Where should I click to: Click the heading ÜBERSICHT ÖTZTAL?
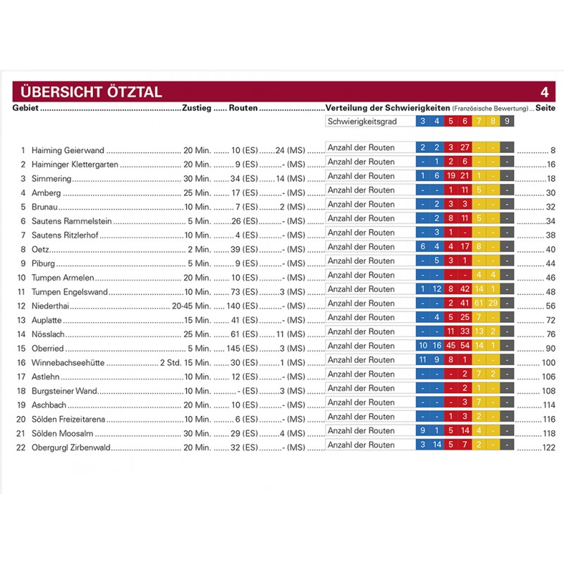point(92,92)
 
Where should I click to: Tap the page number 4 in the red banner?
point(544,92)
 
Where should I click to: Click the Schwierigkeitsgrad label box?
point(369,122)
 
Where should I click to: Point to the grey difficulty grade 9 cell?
point(507,122)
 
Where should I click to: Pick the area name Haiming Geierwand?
point(68,150)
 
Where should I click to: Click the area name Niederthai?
point(50,306)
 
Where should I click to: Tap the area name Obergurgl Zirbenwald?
point(71,448)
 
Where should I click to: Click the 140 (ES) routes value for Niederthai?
point(243,306)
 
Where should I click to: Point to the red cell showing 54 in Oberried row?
point(465,345)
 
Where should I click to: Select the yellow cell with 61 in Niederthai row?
point(479,303)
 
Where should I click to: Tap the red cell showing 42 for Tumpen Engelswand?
point(465,289)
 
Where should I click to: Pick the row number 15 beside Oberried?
point(22,348)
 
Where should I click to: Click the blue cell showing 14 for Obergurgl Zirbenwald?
point(436,445)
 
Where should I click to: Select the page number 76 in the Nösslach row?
point(551,334)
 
